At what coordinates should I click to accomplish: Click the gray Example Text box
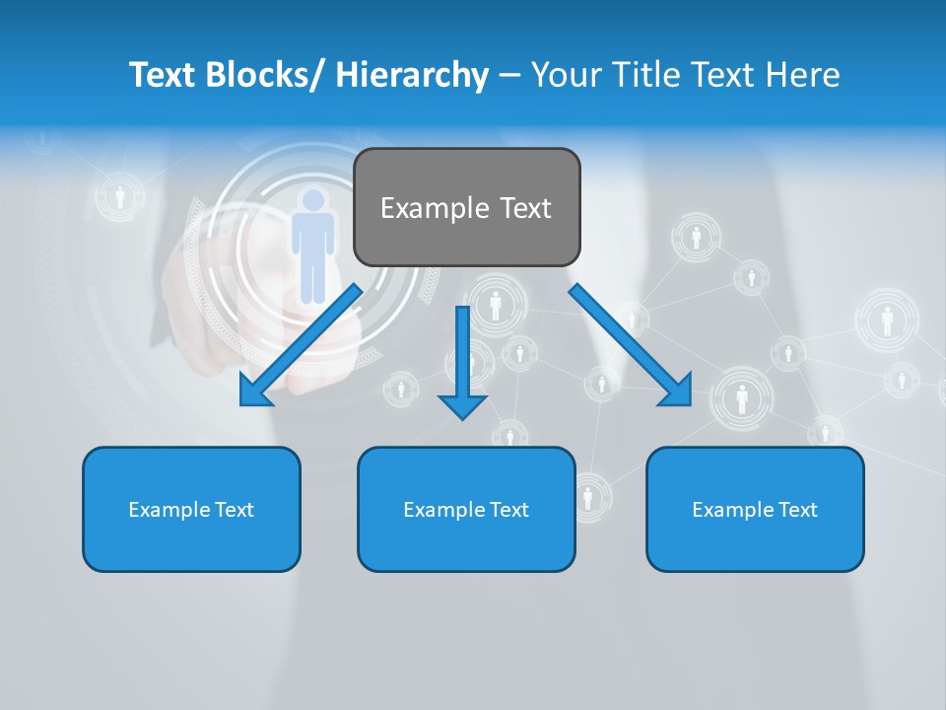tap(466, 207)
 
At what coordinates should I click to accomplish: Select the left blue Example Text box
tap(191, 509)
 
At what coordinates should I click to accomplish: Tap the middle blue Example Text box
tap(466, 509)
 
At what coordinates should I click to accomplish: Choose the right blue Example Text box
tap(755, 509)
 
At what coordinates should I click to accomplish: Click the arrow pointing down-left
tap(302, 345)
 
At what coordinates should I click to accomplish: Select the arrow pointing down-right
tap(630, 345)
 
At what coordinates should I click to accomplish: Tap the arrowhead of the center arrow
tap(462, 404)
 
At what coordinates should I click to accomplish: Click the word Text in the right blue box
tap(797, 509)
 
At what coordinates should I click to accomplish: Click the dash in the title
tap(509, 75)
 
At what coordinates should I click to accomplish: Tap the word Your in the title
tap(563, 75)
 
